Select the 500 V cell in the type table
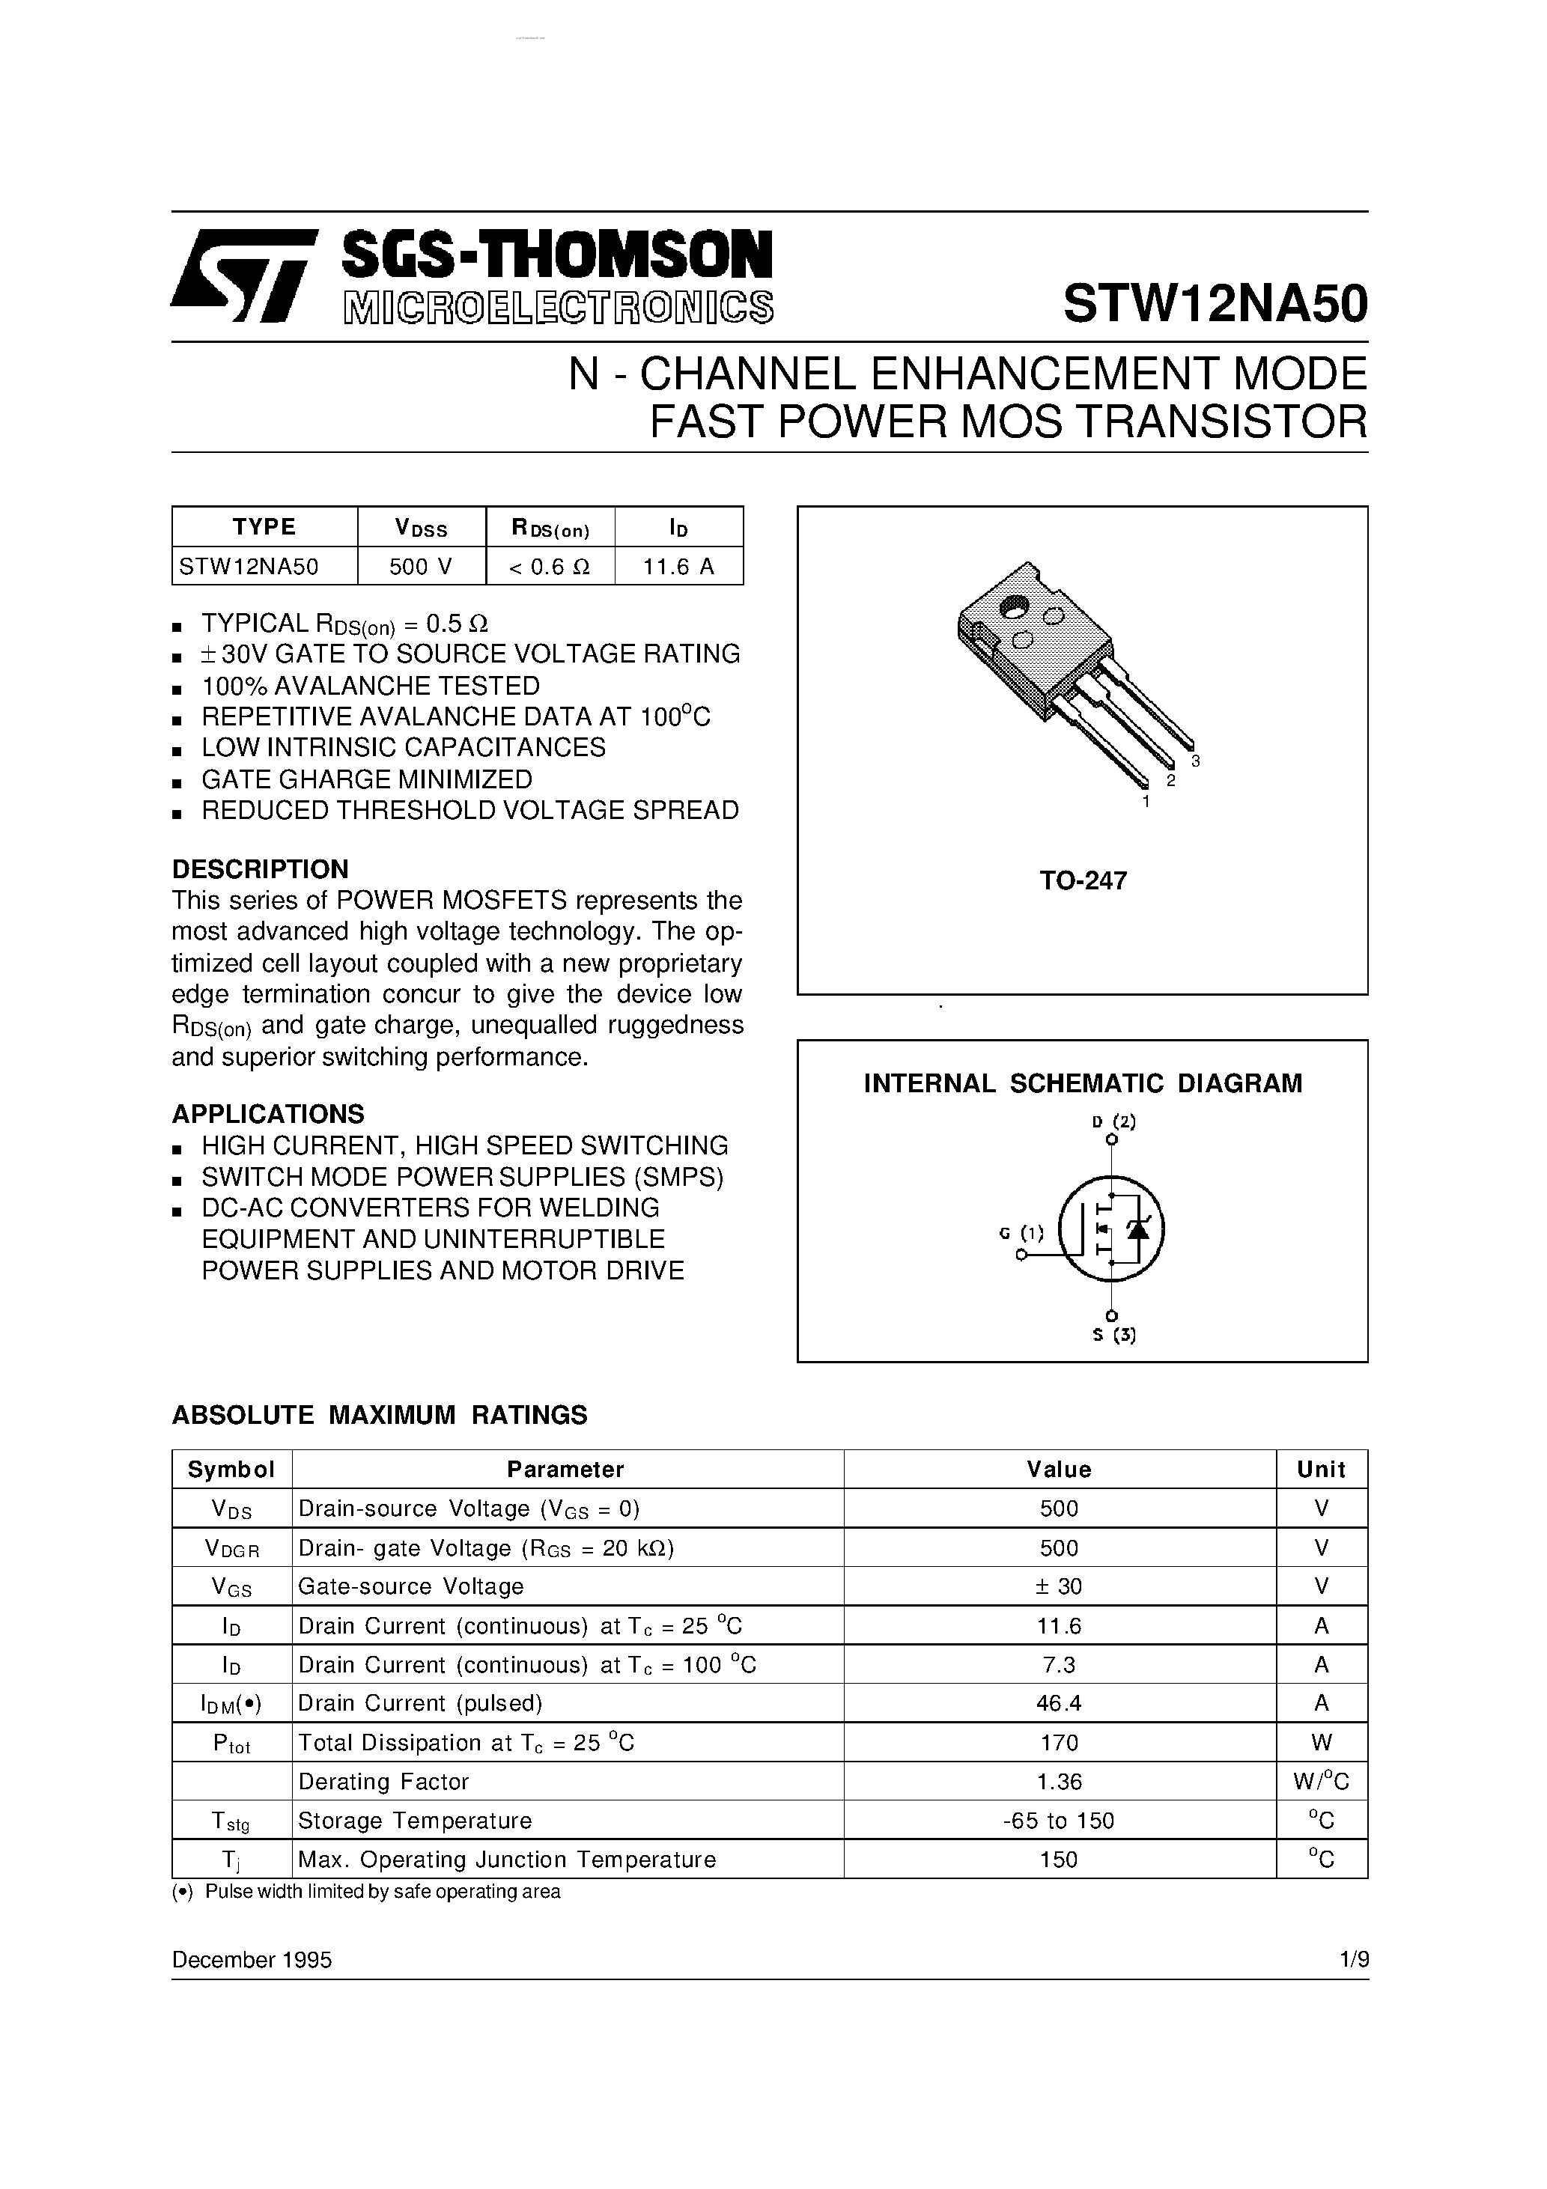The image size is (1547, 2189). click(421, 566)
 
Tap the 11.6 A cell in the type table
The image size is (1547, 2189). click(678, 566)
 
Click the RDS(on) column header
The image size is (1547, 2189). click(550, 527)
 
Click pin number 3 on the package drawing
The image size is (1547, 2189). click(1195, 761)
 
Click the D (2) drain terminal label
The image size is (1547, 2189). click(1113, 1121)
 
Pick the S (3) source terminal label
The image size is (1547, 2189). click(1113, 1335)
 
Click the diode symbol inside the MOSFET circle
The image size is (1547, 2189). click(1137, 1229)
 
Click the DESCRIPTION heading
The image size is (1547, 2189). click(259, 868)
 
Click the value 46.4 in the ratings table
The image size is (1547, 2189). click(1059, 1703)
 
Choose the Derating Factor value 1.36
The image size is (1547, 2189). click(1059, 1781)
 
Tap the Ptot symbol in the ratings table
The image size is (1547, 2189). click(232, 1743)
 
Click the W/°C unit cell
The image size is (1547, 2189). click(1321, 1781)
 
